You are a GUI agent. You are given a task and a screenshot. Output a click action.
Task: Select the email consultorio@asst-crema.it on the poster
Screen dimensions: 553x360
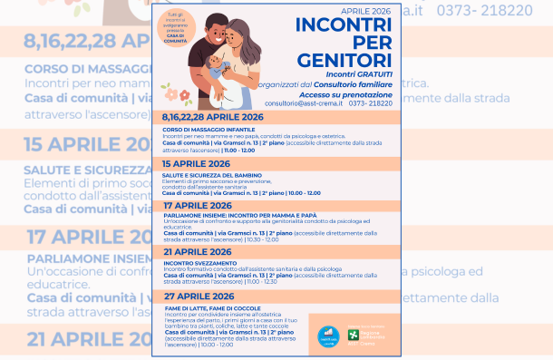tap(304, 103)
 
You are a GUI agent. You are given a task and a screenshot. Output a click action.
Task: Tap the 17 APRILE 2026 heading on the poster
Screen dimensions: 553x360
tap(197, 205)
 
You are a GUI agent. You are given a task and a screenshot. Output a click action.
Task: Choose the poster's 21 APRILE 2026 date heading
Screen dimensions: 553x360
tap(197, 251)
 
